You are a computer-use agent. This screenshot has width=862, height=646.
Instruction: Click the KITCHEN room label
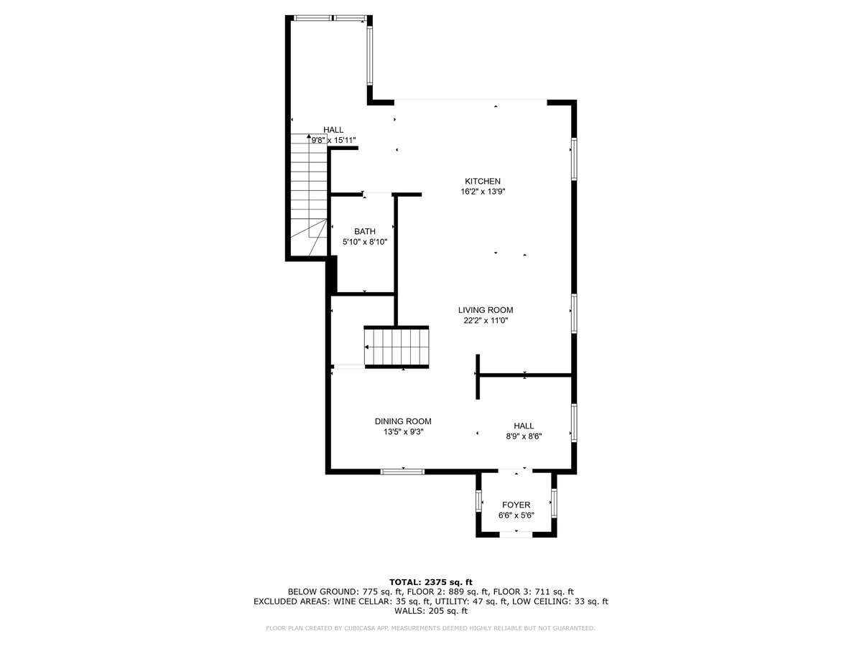[x=483, y=181]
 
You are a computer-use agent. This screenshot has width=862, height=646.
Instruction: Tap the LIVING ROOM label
[x=486, y=310]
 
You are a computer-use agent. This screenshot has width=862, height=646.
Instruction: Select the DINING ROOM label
[x=403, y=421]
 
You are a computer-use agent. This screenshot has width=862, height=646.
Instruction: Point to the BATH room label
[x=365, y=231]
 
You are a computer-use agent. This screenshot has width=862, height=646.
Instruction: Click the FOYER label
[x=516, y=505]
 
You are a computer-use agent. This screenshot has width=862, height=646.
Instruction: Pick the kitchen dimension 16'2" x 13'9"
[x=483, y=192]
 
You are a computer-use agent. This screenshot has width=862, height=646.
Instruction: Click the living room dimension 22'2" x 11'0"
[x=486, y=320]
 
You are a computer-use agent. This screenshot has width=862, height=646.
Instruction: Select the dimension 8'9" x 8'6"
[x=524, y=436]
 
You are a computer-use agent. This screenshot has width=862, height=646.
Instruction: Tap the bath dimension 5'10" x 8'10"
[x=365, y=242]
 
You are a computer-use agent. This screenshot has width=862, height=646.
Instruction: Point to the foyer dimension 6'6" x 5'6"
[x=516, y=515]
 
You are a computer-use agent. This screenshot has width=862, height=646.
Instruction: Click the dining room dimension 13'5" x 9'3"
[x=403, y=432]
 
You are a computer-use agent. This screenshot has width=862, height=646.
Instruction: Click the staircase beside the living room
[x=397, y=347]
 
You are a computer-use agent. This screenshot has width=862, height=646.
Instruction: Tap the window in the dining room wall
[x=402, y=472]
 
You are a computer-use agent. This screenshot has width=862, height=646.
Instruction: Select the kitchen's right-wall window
[x=574, y=159]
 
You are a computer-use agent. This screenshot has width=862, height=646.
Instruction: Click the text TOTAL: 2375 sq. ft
[x=431, y=582]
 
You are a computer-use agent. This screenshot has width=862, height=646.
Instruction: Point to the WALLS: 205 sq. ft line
[x=431, y=611]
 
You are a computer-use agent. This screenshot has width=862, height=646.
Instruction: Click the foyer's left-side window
[x=478, y=501]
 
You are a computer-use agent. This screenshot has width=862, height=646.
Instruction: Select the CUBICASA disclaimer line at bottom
[x=430, y=628]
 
